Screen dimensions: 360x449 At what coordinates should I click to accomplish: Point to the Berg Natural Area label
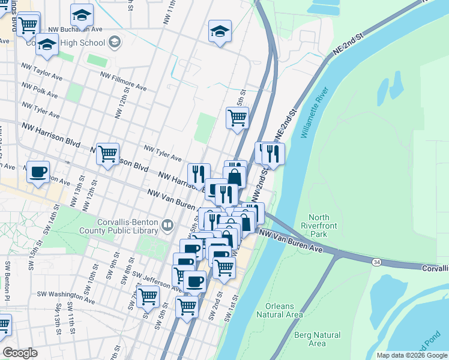point(317,339)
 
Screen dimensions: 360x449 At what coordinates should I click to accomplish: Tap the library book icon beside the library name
point(167,226)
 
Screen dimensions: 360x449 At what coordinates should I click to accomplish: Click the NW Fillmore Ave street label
point(123,82)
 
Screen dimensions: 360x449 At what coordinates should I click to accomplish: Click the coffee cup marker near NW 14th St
point(39,172)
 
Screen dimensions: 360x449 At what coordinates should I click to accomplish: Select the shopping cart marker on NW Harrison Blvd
point(107,154)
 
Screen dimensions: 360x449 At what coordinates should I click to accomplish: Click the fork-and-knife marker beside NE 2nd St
point(273,154)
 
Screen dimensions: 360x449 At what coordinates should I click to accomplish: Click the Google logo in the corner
point(20,353)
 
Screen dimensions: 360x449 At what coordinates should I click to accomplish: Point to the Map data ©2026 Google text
point(412,355)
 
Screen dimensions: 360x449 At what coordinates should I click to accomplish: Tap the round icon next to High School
point(115,42)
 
